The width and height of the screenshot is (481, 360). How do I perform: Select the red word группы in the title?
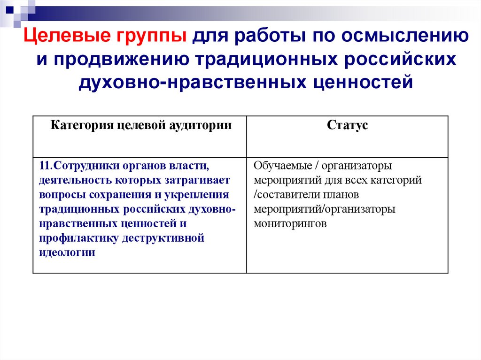click(155, 37)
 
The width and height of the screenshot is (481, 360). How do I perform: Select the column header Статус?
click(347, 125)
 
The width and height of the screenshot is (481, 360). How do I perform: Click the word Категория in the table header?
click(80, 125)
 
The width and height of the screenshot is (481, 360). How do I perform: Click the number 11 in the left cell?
click(44, 166)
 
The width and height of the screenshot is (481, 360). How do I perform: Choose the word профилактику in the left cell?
click(78, 238)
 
